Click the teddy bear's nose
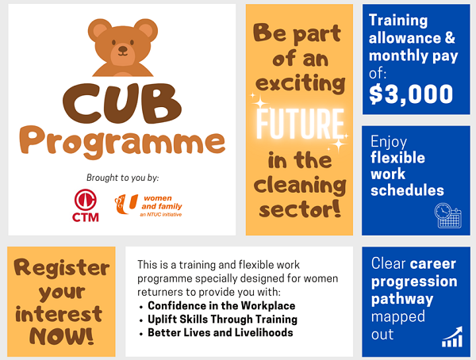[123, 49]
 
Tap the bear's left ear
[100, 30]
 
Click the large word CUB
[122, 103]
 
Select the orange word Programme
[122, 142]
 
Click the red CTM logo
[86, 205]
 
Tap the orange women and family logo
[148, 205]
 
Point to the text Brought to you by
[123, 178]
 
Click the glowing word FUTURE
[300, 123]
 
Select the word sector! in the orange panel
[300, 209]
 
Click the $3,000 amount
[411, 94]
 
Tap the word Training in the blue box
[398, 21]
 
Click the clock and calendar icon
[448, 216]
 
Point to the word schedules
[407, 190]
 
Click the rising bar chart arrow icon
[452, 337]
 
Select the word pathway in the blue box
[402, 299]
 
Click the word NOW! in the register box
[61, 336]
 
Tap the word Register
[62, 269]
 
